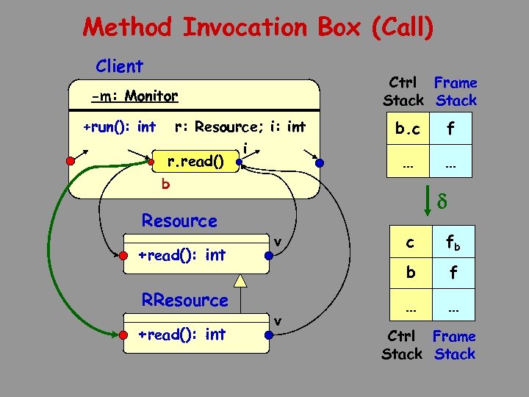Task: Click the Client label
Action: click(x=119, y=66)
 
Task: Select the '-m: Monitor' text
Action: click(x=134, y=96)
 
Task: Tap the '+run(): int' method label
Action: click(x=119, y=127)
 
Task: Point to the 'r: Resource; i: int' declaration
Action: click(x=240, y=127)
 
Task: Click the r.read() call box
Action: click(x=195, y=160)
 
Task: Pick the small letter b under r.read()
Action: click(x=165, y=185)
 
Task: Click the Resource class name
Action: click(x=179, y=221)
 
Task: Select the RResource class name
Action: click(x=184, y=300)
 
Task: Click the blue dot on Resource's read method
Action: click(x=270, y=255)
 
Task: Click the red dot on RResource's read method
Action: click(x=122, y=335)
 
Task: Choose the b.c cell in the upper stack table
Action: click(x=407, y=130)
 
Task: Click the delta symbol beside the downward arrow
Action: click(x=443, y=199)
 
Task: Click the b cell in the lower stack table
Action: click(x=411, y=272)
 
